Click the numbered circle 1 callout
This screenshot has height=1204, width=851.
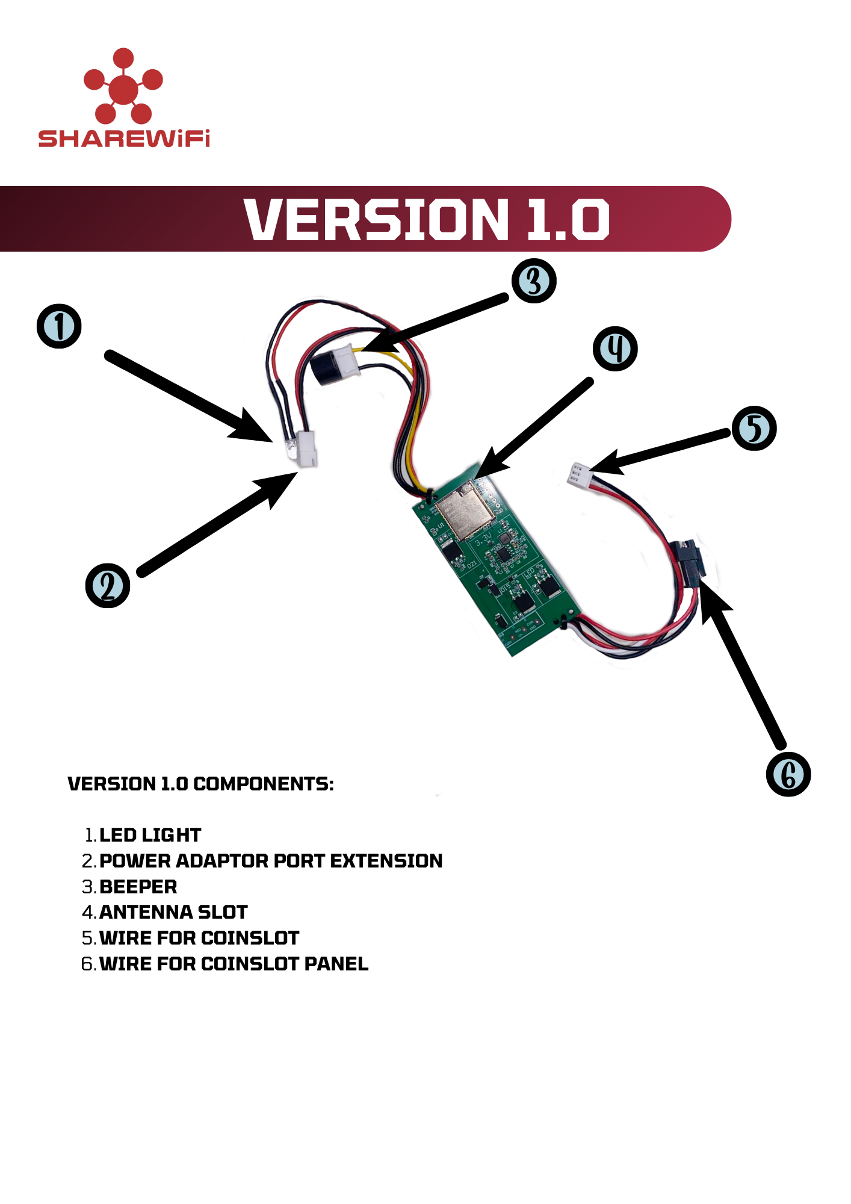(59, 326)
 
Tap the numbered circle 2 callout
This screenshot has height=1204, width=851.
(108, 585)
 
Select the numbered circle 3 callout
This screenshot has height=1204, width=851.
(534, 281)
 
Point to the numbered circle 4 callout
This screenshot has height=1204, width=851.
(615, 349)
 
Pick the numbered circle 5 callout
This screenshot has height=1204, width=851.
(754, 428)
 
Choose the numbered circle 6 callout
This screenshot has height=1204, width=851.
(788, 774)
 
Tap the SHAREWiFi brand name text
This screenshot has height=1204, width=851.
(124, 138)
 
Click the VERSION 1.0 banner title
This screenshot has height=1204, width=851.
(427, 220)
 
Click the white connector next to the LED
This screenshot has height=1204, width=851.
(308, 449)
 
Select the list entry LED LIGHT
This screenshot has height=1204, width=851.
(150, 835)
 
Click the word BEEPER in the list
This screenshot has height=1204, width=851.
(138, 887)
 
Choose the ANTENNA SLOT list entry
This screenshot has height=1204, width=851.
(173, 912)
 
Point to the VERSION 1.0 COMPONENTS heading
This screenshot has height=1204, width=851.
(200, 784)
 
